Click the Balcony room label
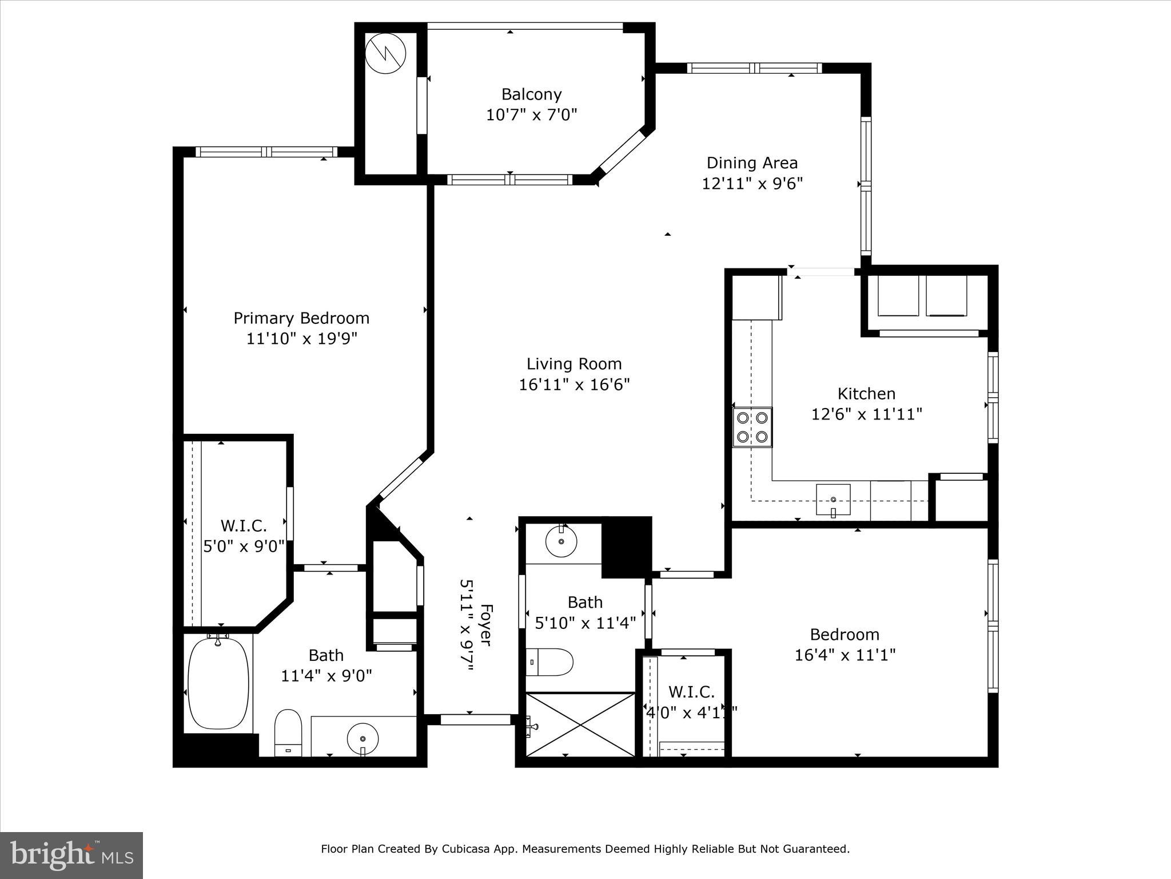[531, 94]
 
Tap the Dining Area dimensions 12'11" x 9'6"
[752, 184]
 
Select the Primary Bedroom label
[301, 318]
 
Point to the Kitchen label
[866, 393]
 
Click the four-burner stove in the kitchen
[752, 427]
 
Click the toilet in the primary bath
[288, 732]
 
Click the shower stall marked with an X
[580, 724]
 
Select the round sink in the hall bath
[561, 540]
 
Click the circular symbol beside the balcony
[385, 54]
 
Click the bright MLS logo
[71, 855]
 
